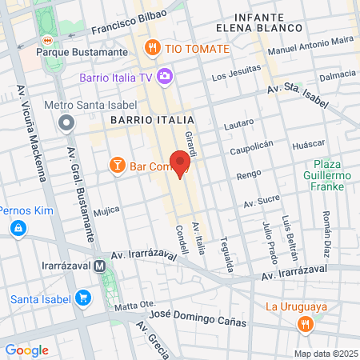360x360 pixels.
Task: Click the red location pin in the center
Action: click(x=180, y=163)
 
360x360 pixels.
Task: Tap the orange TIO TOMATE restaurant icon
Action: click(x=151, y=48)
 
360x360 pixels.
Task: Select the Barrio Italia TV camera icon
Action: click(x=166, y=77)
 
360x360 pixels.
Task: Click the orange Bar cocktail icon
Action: click(x=117, y=166)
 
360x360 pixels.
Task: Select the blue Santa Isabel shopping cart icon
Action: click(x=82, y=299)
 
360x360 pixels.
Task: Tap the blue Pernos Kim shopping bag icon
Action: click(x=18, y=229)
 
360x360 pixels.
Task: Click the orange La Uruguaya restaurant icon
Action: click(x=305, y=324)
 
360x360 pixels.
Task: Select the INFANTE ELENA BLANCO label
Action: click(x=269, y=22)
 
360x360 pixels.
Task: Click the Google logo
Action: click(x=26, y=350)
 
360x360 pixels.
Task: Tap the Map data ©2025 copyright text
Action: click(x=323, y=353)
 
